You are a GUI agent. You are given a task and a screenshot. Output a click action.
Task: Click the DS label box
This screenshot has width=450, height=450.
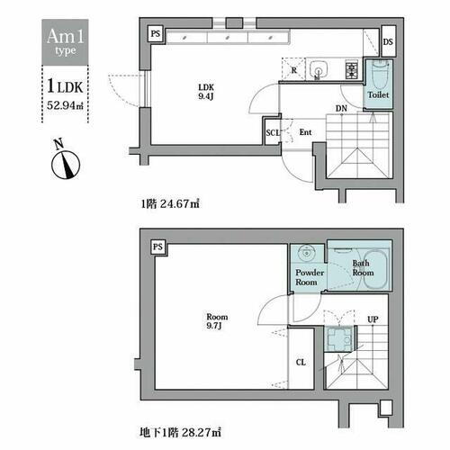[389, 41]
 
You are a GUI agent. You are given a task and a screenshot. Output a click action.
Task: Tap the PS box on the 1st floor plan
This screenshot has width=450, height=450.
[156, 33]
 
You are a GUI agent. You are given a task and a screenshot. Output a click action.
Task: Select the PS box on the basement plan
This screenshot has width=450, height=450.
[158, 247]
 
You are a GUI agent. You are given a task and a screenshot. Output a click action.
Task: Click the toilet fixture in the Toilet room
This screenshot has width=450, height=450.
[380, 74]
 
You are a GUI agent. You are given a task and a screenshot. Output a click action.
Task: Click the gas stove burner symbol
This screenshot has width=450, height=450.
[351, 70]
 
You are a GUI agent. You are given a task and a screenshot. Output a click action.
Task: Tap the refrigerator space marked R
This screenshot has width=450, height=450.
[293, 69]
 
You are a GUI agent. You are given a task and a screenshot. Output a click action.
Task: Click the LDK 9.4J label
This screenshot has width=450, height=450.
[206, 92]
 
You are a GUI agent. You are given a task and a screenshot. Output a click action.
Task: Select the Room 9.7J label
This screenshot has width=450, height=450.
[217, 321]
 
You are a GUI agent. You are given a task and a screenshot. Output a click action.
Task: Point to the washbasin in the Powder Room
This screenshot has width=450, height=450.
[306, 252]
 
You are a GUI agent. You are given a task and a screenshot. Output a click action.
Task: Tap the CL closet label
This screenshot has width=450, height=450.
[301, 363]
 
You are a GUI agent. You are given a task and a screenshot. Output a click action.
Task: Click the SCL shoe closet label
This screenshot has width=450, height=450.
[272, 132]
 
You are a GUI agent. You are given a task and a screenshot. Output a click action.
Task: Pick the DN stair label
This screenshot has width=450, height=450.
[341, 108]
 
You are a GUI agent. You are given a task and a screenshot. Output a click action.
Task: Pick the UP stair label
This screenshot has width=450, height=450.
[373, 319]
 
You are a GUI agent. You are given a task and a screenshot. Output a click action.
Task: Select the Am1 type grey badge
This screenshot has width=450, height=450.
[65, 42]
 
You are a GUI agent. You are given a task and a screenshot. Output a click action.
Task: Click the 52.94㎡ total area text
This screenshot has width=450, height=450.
[65, 105]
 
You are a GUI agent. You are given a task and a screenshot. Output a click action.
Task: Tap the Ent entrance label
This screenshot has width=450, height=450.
[305, 132]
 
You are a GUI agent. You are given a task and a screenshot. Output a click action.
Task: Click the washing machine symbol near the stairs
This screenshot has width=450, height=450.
[339, 338]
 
